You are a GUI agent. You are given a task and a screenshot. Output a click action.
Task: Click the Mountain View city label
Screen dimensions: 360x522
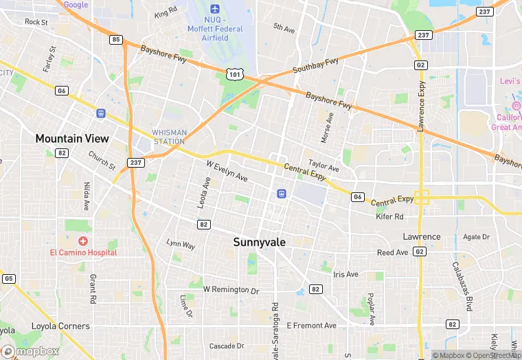point(72,138)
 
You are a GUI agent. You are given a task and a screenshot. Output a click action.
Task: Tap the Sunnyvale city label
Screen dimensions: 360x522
point(260,242)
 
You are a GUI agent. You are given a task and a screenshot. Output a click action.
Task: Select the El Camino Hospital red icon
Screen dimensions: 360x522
point(83,241)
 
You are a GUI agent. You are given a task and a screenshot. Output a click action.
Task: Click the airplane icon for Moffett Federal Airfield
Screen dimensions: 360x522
point(215,9)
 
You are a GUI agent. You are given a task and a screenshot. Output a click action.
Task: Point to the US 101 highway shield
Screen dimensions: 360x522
point(236,73)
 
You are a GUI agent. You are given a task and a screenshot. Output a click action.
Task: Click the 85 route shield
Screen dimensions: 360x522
point(115,40)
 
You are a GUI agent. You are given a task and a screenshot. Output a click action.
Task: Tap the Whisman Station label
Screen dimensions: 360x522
point(168,137)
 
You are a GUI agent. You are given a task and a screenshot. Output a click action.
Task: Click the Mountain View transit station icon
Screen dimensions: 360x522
point(101,113)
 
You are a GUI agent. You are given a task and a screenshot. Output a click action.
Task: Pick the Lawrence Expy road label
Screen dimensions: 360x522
point(422,105)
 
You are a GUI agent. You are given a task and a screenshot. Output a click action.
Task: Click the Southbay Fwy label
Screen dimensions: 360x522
point(315,67)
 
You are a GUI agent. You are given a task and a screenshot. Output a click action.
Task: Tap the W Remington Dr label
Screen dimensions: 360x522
point(231,290)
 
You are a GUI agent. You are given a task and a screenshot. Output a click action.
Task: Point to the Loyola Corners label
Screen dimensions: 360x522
point(60,326)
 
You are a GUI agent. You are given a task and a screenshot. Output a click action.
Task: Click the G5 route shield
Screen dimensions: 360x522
point(8,278)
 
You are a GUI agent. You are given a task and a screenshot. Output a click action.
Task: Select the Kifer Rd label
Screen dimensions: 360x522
point(390,216)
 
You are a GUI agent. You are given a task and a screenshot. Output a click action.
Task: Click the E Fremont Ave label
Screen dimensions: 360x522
point(311,325)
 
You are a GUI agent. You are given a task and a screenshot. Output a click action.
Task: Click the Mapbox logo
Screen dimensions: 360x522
point(30,351)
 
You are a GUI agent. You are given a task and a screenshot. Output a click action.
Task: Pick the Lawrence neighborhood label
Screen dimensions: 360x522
point(421,236)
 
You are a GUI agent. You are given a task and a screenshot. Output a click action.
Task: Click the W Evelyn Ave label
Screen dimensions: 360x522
point(227,171)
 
